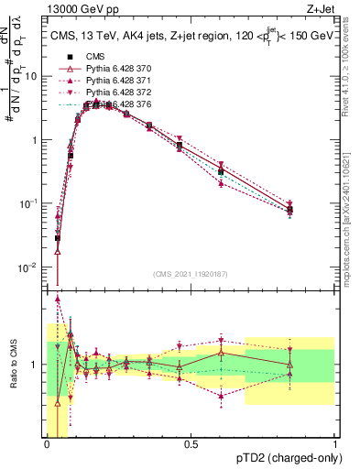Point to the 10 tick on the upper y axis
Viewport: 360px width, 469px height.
pyautogui.click(x=34, y=76)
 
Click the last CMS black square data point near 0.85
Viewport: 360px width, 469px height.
pyautogui.click(x=289, y=210)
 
